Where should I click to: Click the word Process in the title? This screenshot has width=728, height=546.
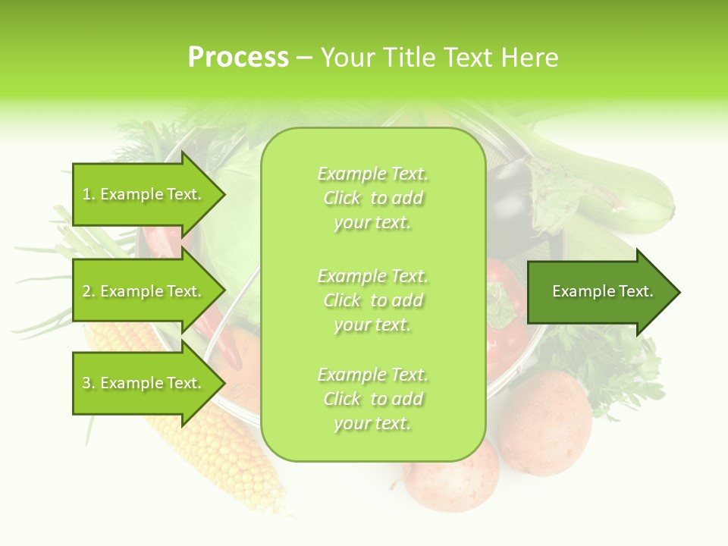tap(238, 58)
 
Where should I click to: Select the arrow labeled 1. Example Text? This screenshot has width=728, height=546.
tap(144, 194)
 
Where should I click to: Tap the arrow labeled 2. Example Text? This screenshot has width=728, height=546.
tap(144, 291)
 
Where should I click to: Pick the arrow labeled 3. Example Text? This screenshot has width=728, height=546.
tap(144, 383)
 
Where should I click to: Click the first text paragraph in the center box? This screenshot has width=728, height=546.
tap(372, 198)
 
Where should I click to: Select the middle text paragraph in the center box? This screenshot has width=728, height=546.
tap(372, 300)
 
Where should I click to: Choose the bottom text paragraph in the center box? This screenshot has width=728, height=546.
tap(372, 399)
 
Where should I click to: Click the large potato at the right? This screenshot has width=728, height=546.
tap(544, 422)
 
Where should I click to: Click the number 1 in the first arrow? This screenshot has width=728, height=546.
tap(86, 195)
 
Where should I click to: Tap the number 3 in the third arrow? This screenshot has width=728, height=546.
tap(86, 384)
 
